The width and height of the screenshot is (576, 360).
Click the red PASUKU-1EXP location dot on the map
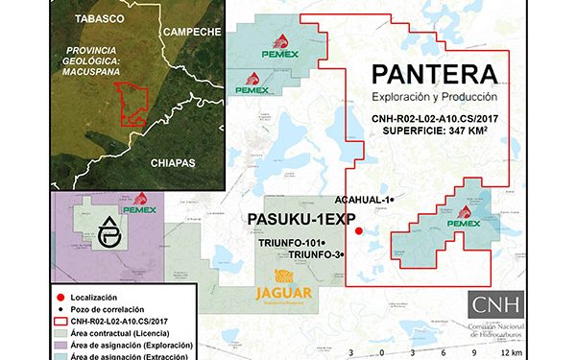358,231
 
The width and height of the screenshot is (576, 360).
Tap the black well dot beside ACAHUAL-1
393,199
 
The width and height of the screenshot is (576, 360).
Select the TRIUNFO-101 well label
292,243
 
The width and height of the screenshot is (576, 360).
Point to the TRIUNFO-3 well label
315,254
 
